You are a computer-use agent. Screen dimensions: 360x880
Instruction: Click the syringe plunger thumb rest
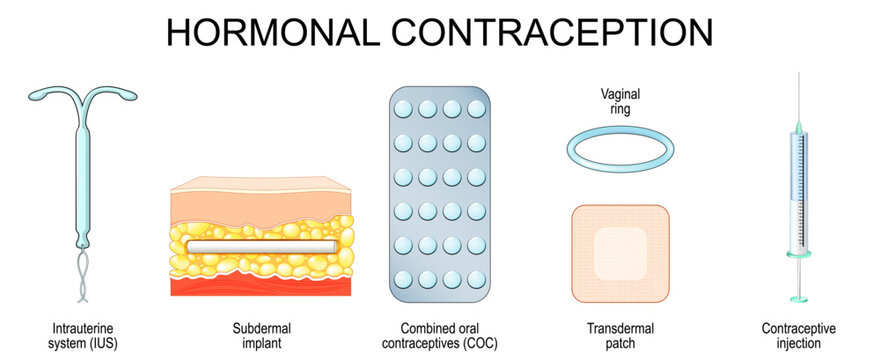point(799,297)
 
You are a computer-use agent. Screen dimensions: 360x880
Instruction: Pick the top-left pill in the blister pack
point(405,107)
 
